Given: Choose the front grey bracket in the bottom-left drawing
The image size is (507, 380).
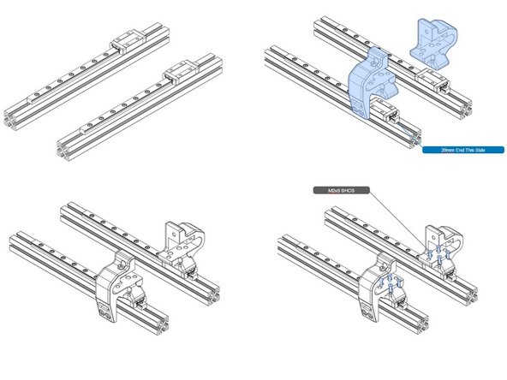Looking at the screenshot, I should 115,286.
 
